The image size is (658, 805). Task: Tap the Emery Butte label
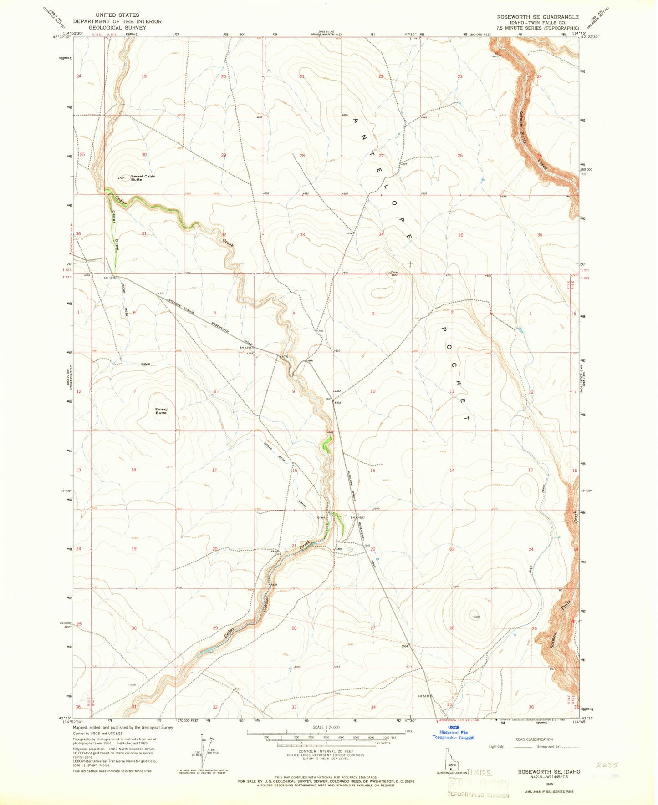pos(161,411)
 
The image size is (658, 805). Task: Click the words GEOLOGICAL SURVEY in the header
pos(117,28)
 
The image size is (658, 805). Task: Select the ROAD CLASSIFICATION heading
pos(534,739)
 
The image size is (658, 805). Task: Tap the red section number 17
pos(214,470)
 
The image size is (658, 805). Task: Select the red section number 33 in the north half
pos(302,235)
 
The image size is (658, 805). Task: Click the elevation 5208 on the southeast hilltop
pos(477,617)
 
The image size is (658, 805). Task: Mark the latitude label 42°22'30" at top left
pos(62,38)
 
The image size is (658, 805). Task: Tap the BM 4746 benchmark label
pos(110,278)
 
